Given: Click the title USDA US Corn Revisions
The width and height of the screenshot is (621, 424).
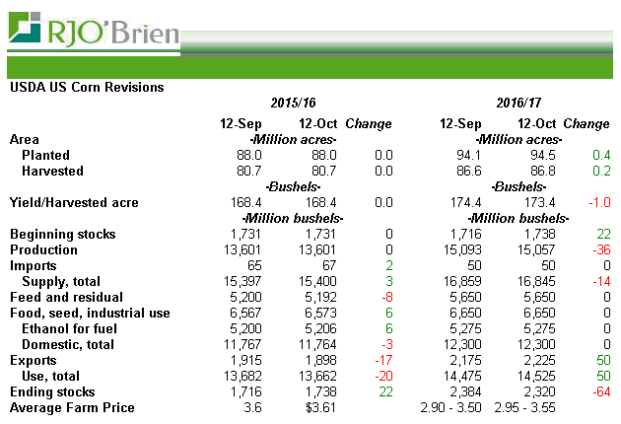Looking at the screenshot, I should [x=87, y=87].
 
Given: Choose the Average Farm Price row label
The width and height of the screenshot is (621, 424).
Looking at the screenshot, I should [x=72, y=408].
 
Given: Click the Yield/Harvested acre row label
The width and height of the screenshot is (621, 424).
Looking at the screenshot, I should [x=74, y=203].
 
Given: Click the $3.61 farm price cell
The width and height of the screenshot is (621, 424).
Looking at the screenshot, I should [x=317, y=408].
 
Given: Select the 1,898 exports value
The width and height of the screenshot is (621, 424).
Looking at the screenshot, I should [x=316, y=361].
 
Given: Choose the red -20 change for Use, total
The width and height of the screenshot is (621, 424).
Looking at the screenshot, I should [x=381, y=377].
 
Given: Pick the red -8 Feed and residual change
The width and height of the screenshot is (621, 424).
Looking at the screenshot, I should [x=385, y=298].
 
